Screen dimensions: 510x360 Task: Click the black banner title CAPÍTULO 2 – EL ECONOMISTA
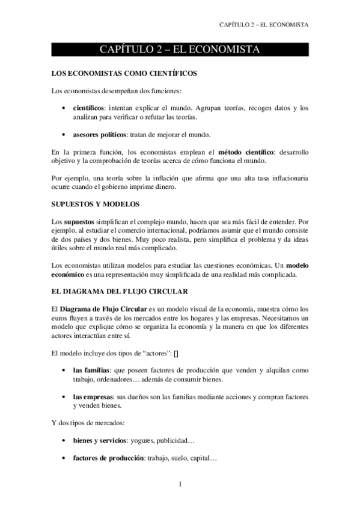[180, 49]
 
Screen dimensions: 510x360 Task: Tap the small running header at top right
[264, 25]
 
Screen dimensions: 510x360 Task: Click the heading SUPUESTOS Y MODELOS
[96, 204]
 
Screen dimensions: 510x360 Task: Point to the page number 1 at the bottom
[180, 484]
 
